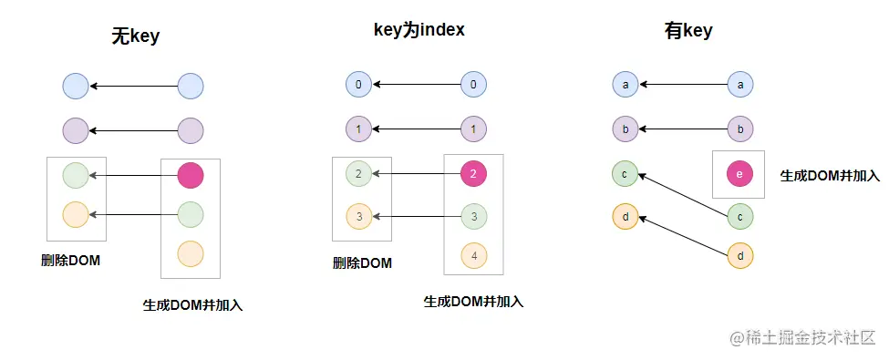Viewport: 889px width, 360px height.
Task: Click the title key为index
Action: click(x=419, y=30)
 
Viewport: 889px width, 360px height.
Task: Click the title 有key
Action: click(x=688, y=31)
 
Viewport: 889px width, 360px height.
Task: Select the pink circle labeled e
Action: click(x=740, y=175)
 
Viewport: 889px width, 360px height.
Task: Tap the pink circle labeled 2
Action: click(x=473, y=172)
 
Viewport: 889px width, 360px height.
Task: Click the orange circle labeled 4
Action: click(x=473, y=256)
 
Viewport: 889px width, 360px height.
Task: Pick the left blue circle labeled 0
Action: click(x=359, y=86)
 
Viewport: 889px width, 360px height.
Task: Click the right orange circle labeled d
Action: click(x=740, y=256)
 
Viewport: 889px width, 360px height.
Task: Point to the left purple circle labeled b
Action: click(x=625, y=129)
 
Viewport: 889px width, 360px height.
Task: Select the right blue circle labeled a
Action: click(x=740, y=86)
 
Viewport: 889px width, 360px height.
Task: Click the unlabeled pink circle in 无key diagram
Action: click(x=191, y=174)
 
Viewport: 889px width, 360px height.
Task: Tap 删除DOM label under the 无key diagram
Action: click(x=70, y=261)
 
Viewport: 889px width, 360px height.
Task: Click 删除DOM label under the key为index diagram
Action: click(x=362, y=263)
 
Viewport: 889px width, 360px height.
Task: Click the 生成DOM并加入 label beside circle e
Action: click(x=830, y=174)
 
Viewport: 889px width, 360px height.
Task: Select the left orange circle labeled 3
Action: click(x=359, y=217)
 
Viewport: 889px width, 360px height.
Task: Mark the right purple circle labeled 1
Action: click(x=473, y=129)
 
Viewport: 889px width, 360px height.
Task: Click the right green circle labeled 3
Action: click(x=473, y=217)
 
